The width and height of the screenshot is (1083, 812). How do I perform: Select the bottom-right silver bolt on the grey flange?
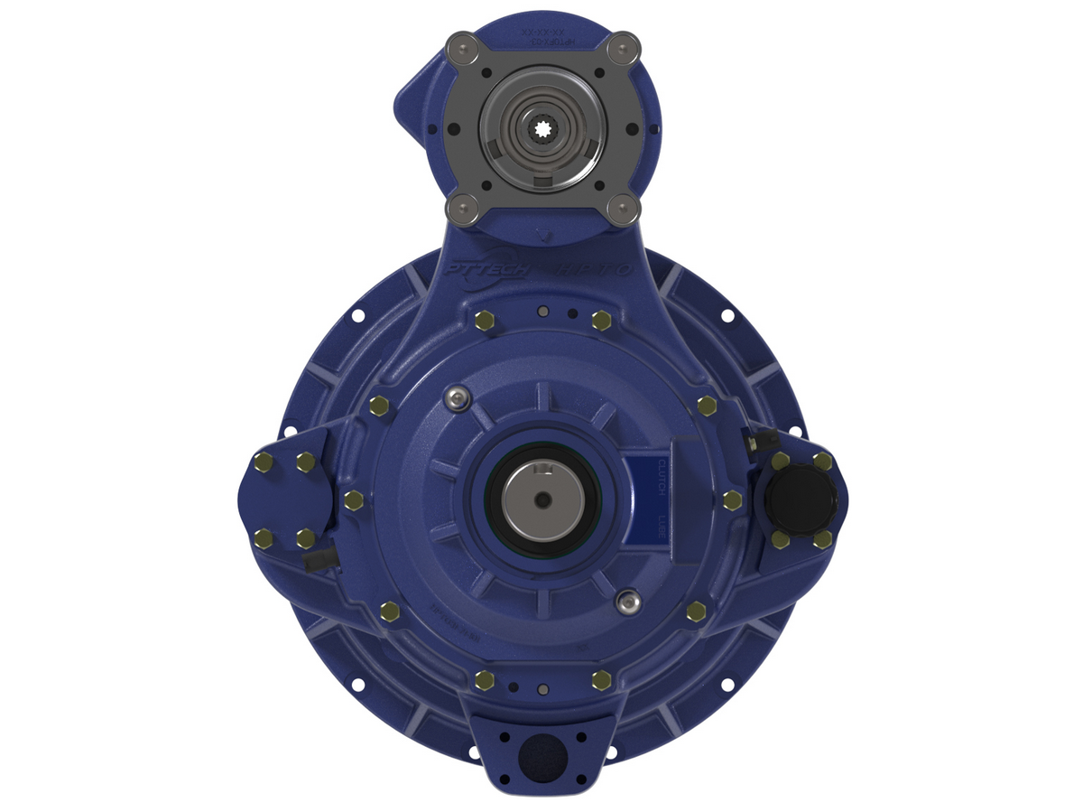[623, 210]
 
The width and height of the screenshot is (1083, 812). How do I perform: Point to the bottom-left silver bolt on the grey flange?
[462, 210]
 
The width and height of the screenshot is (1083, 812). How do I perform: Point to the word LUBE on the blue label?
[662, 528]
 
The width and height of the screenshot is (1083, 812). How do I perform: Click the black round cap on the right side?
[801, 499]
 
